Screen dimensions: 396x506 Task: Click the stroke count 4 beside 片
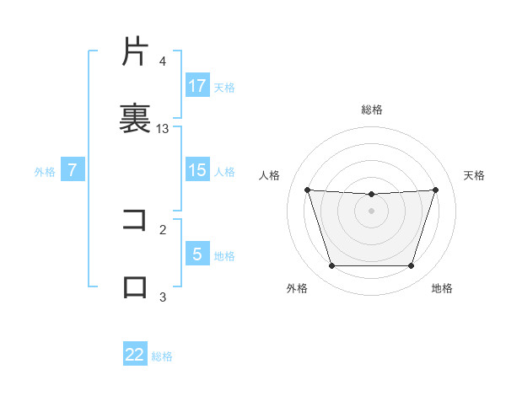(163, 62)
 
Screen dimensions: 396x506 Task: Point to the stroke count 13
(163, 128)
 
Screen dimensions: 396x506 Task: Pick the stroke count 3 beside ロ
(163, 296)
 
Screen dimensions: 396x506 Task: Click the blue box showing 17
(197, 86)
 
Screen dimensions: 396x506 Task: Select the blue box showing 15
(197, 170)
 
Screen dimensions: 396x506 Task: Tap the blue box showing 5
(197, 254)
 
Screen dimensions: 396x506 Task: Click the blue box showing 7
(73, 170)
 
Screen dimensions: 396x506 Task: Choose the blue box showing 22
(135, 355)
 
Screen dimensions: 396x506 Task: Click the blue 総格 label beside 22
(162, 356)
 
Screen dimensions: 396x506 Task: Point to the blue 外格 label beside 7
(45, 172)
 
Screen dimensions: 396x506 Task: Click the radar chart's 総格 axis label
(372, 110)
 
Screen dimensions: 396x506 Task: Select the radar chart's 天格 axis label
(475, 175)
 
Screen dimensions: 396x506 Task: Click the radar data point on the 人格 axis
(307, 190)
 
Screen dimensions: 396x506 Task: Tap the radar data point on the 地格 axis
(411, 266)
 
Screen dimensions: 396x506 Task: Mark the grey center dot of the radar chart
(371, 211)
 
